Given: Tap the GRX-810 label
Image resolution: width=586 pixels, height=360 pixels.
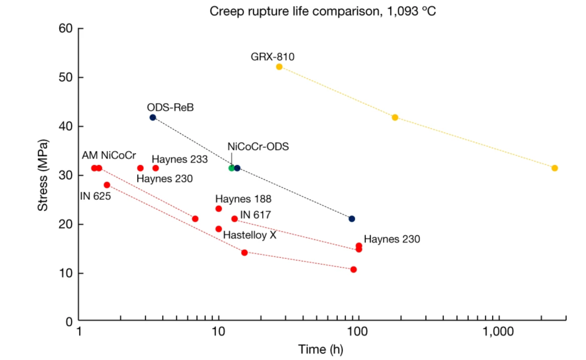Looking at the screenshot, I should (x=272, y=56).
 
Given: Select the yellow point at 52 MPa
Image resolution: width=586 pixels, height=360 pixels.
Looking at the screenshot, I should (x=279, y=67).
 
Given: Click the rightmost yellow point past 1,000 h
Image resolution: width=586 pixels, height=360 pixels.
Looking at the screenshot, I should (x=555, y=168).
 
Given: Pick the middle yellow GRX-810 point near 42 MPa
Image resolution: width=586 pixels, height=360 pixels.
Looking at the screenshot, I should (x=395, y=117).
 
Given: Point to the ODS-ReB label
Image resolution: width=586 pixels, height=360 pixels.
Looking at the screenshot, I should (x=170, y=108).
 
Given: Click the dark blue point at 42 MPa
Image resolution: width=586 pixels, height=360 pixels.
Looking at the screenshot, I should (x=152, y=117).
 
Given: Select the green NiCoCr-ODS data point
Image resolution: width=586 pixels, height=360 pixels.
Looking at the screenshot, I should (x=232, y=168).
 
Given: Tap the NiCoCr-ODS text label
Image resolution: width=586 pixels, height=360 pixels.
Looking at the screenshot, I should (x=258, y=147).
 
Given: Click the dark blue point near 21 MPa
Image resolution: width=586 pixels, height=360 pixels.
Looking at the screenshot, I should (x=352, y=219).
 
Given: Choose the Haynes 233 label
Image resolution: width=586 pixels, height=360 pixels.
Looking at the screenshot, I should (x=180, y=159).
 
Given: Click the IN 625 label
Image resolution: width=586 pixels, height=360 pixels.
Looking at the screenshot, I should (x=95, y=196).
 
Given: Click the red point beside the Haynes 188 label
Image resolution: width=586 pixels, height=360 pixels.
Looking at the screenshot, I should (x=219, y=209).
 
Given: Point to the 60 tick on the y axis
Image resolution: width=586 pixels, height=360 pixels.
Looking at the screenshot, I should (x=66, y=29).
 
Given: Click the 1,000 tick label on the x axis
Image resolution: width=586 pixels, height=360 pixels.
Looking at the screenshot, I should (x=496, y=332).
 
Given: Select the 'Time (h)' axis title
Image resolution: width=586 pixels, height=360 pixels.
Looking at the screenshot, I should (x=321, y=349).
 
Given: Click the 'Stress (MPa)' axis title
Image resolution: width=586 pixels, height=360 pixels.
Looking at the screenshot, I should (x=43, y=175).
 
